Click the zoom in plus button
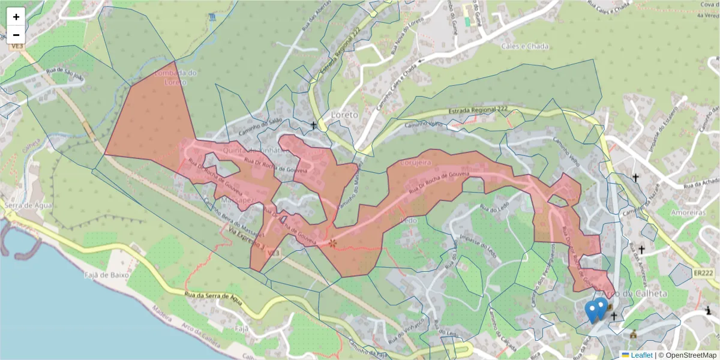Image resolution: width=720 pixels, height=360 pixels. pos(16,17)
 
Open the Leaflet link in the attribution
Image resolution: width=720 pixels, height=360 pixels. pos(641,355)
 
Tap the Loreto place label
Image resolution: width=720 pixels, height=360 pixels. pos(344,114)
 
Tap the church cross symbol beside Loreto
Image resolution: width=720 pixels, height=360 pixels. pos(313,125)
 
